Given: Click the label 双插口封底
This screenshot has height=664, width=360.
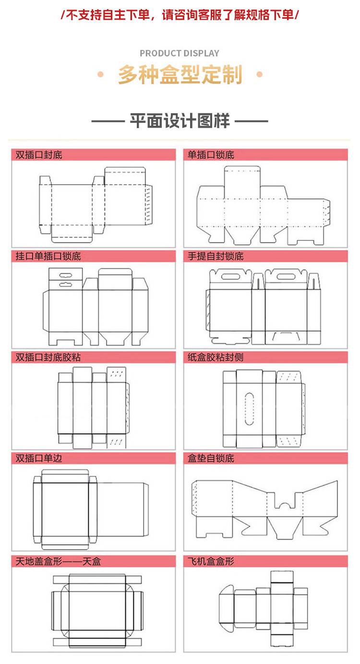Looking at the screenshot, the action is (x=39, y=155).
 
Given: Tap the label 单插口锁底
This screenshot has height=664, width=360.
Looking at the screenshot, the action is (x=211, y=155).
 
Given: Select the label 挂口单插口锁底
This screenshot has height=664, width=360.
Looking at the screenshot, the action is (x=48, y=256).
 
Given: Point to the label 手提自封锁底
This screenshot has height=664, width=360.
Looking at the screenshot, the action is (x=216, y=256).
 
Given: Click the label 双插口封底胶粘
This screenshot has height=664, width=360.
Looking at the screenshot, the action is (x=48, y=357).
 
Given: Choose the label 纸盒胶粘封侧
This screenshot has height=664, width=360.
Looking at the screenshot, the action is (x=216, y=357).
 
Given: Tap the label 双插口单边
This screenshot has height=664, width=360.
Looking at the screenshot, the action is (x=39, y=458).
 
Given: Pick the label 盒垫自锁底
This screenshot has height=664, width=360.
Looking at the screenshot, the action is (x=211, y=458).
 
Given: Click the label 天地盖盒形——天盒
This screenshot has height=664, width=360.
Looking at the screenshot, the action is (x=58, y=561).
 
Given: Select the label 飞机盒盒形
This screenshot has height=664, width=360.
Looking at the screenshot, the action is (x=211, y=561).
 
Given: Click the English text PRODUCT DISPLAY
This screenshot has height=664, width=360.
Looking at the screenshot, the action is (x=180, y=53).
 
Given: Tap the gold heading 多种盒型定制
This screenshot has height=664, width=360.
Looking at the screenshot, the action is (x=180, y=74).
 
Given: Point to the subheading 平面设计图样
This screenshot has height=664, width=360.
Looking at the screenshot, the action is (x=180, y=121).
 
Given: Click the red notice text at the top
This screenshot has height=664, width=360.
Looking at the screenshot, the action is (x=180, y=14).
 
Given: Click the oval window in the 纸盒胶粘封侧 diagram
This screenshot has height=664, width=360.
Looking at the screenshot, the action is (x=250, y=409).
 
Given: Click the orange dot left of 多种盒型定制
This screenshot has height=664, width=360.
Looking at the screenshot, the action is (x=100, y=74).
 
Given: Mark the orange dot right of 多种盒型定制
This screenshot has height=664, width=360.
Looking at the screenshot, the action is (x=260, y=74).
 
